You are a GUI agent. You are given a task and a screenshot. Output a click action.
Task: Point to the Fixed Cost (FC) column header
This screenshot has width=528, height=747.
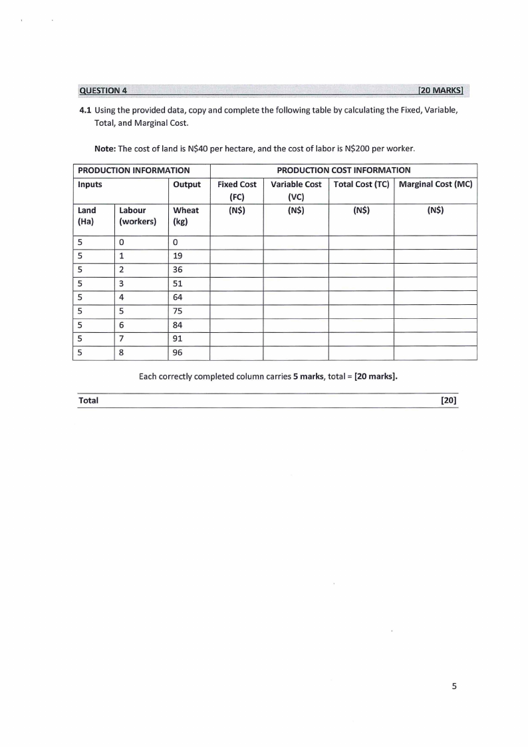pyautogui.click(x=237, y=190)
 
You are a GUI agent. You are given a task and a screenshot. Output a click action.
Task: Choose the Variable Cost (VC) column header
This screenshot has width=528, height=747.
pyautogui.click(x=296, y=190)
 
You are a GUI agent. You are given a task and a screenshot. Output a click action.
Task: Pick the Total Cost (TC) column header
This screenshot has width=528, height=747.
pyautogui.click(x=361, y=184)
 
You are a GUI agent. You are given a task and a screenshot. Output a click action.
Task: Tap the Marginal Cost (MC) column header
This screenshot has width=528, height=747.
pyautogui.click(x=435, y=184)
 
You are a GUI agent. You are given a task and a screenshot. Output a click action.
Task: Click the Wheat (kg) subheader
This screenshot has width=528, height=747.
pyautogui.click(x=186, y=216)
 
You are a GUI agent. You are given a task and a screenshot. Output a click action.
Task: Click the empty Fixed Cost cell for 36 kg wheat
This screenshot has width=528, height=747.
pyautogui.click(x=237, y=270)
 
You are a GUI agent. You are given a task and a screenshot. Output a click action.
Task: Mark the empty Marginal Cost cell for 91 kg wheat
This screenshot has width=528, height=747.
pyautogui.click(x=435, y=339)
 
